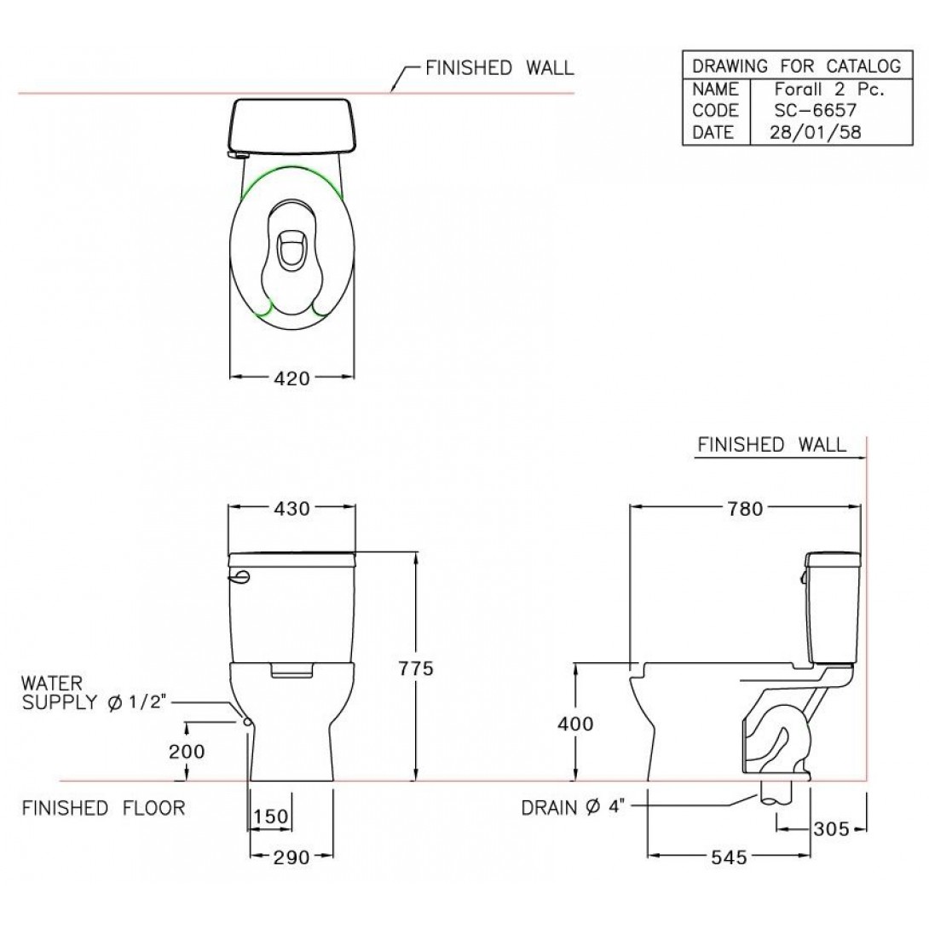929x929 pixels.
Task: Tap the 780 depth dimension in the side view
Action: coord(745,509)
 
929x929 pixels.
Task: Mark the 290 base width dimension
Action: coord(290,857)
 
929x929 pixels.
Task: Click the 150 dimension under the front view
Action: coord(270,816)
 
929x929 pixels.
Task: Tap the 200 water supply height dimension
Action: coord(187,752)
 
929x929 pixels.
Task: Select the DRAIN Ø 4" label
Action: coord(575,807)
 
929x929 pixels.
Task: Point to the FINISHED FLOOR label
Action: coord(103,807)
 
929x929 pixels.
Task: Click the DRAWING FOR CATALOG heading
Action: coord(796,66)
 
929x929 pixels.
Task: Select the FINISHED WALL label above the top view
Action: coord(499,68)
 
